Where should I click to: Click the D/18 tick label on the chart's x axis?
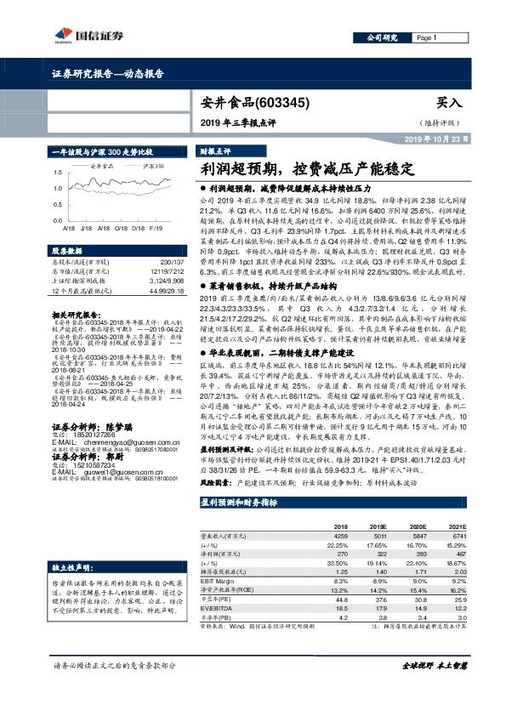(x=137, y=229)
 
